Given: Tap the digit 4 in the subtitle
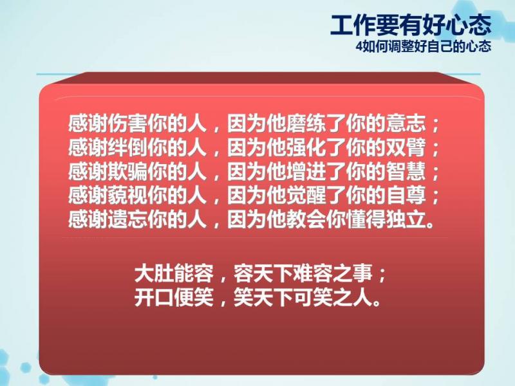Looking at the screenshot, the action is point(359,46).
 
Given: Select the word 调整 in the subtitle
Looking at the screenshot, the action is point(397,46).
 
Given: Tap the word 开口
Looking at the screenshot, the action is point(154,297).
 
